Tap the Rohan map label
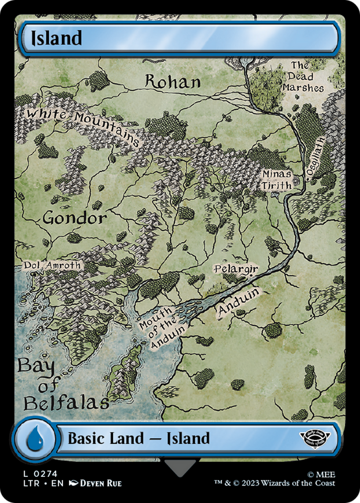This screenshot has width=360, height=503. [172, 81]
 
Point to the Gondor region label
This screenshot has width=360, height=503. [74, 218]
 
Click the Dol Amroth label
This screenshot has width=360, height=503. [51, 265]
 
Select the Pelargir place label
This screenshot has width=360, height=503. [236, 270]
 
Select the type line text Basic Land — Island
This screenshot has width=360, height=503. [138, 438]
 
